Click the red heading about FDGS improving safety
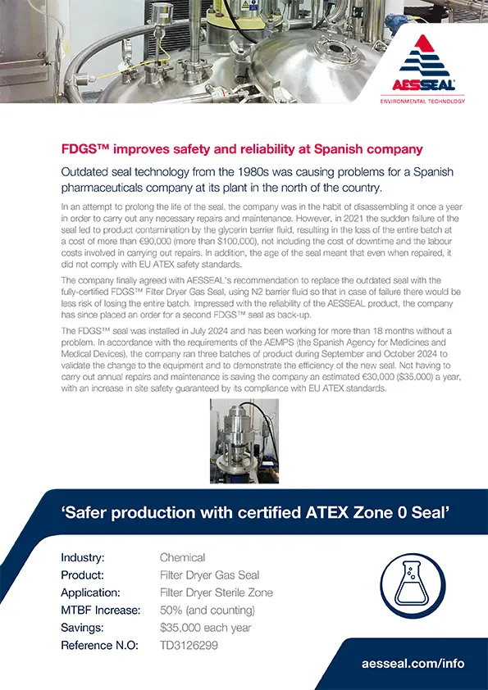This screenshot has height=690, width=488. coord(242,149)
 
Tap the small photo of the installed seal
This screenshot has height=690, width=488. coord(244,441)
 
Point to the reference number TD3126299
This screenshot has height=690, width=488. coord(189,646)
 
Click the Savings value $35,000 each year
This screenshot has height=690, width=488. coord(207,628)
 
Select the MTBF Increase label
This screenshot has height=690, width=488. coord(101,611)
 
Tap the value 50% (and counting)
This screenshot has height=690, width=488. coord(207,611)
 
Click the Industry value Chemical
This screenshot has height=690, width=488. coord(182,558)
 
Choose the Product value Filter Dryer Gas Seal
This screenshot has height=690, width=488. coord(209,575)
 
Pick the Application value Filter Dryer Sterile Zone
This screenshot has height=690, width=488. coord(217,592)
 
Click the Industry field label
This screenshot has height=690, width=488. coord(83,558)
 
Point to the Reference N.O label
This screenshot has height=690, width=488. coord(99,646)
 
